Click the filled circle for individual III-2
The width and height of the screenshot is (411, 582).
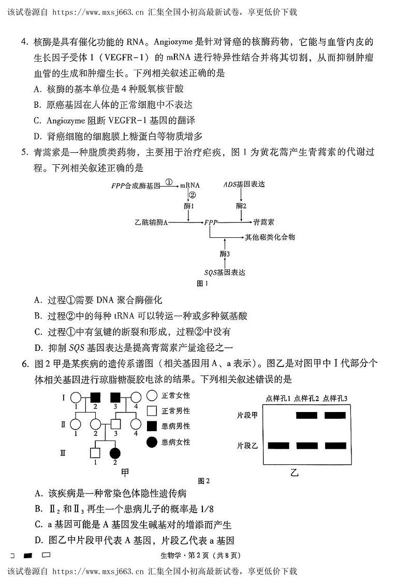(x=115, y=452)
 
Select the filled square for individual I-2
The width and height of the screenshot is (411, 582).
(x=95, y=398)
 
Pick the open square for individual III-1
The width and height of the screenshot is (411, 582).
(x=95, y=452)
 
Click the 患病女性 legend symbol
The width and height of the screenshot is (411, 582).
(x=152, y=442)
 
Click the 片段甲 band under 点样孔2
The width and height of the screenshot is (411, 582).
(x=306, y=415)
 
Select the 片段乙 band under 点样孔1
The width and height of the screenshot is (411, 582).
(x=278, y=445)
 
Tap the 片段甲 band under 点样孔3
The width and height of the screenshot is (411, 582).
(x=334, y=415)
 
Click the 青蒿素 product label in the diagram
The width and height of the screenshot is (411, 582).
(x=264, y=222)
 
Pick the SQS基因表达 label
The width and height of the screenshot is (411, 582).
(x=224, y=272)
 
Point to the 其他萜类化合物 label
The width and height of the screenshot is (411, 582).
(x=270, y=237)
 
